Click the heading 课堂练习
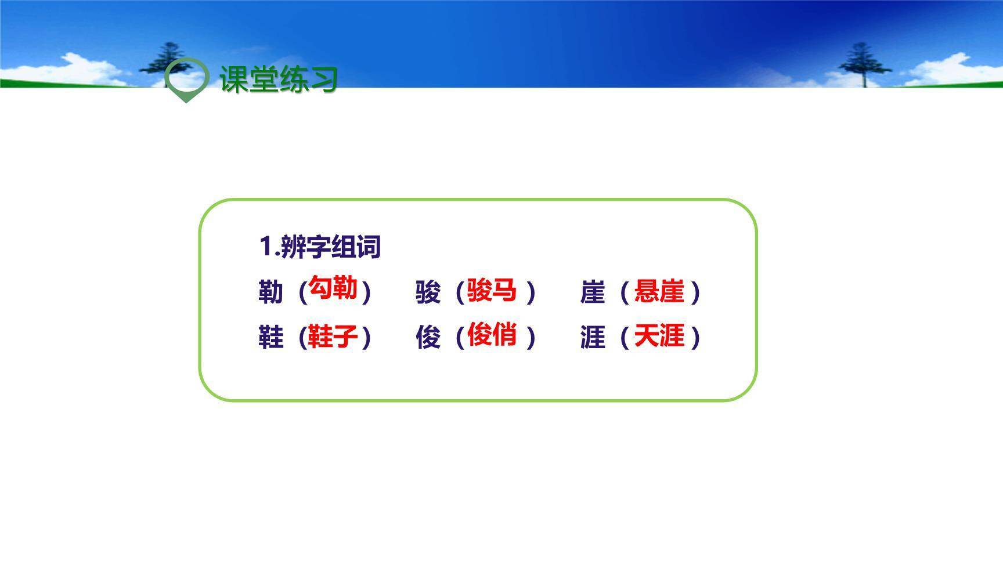(279, 79)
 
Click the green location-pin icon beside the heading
(186, 78)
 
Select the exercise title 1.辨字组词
(320, 247)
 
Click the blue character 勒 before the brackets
(270, 292)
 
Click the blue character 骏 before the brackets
(428, 292)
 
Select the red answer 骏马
(492, 290)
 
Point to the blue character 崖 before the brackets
(593, 292)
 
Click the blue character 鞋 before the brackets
(270, 337)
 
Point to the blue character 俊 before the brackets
(428, 337)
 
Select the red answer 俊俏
(492, 334)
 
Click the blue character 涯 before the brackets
(593, 337)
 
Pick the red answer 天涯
(659, 336)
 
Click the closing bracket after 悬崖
(697, 292)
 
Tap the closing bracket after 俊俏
(531, 337)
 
